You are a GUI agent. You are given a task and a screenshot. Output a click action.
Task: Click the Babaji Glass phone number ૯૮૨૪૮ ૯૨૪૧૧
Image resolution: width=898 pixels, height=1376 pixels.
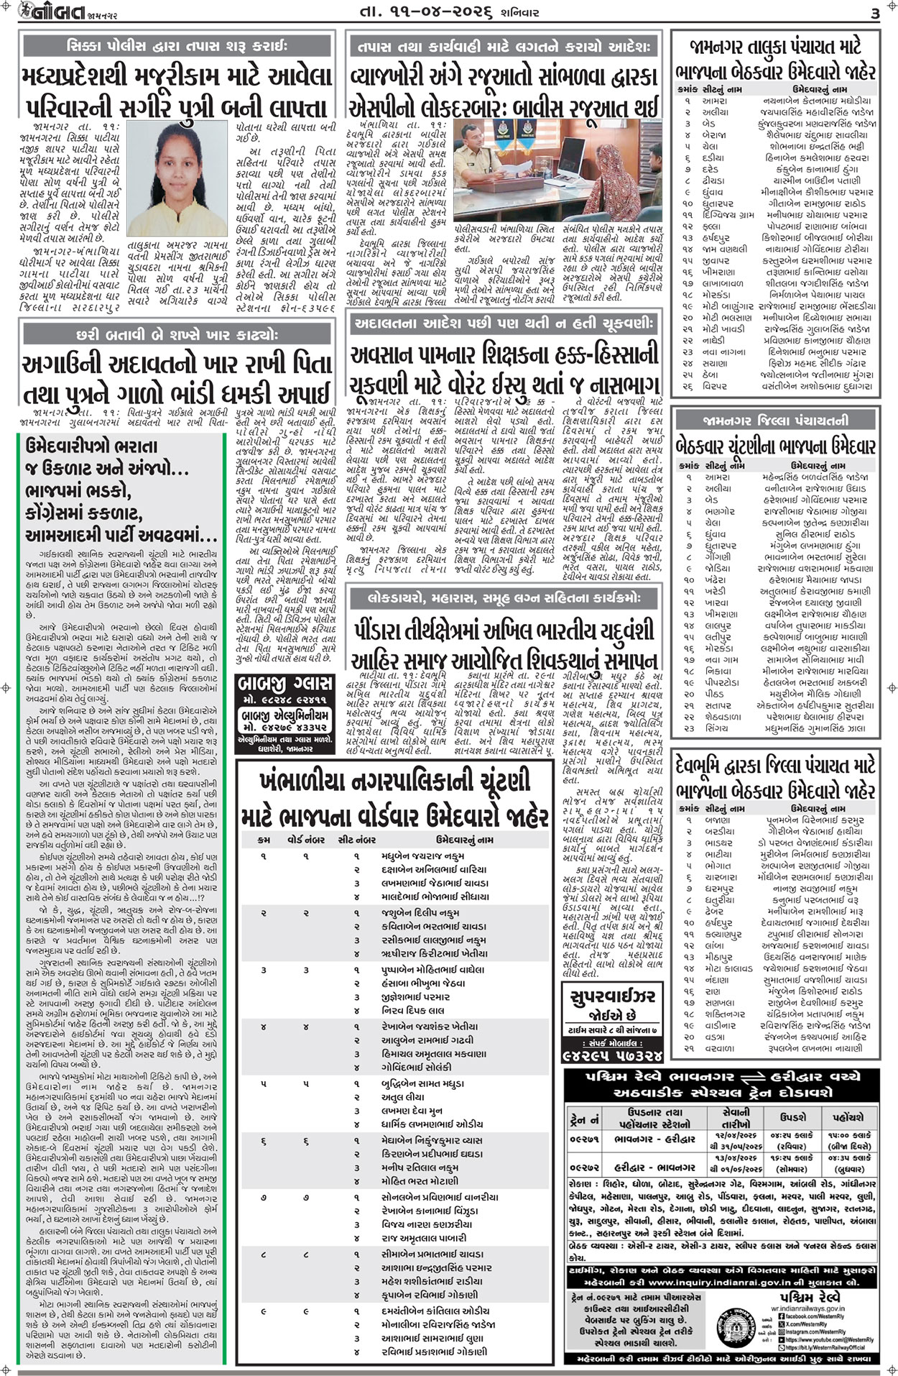tap(285, 700)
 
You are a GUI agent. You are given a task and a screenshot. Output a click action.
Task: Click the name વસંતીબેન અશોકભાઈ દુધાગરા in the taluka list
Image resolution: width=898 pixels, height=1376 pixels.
tap(817, 386)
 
